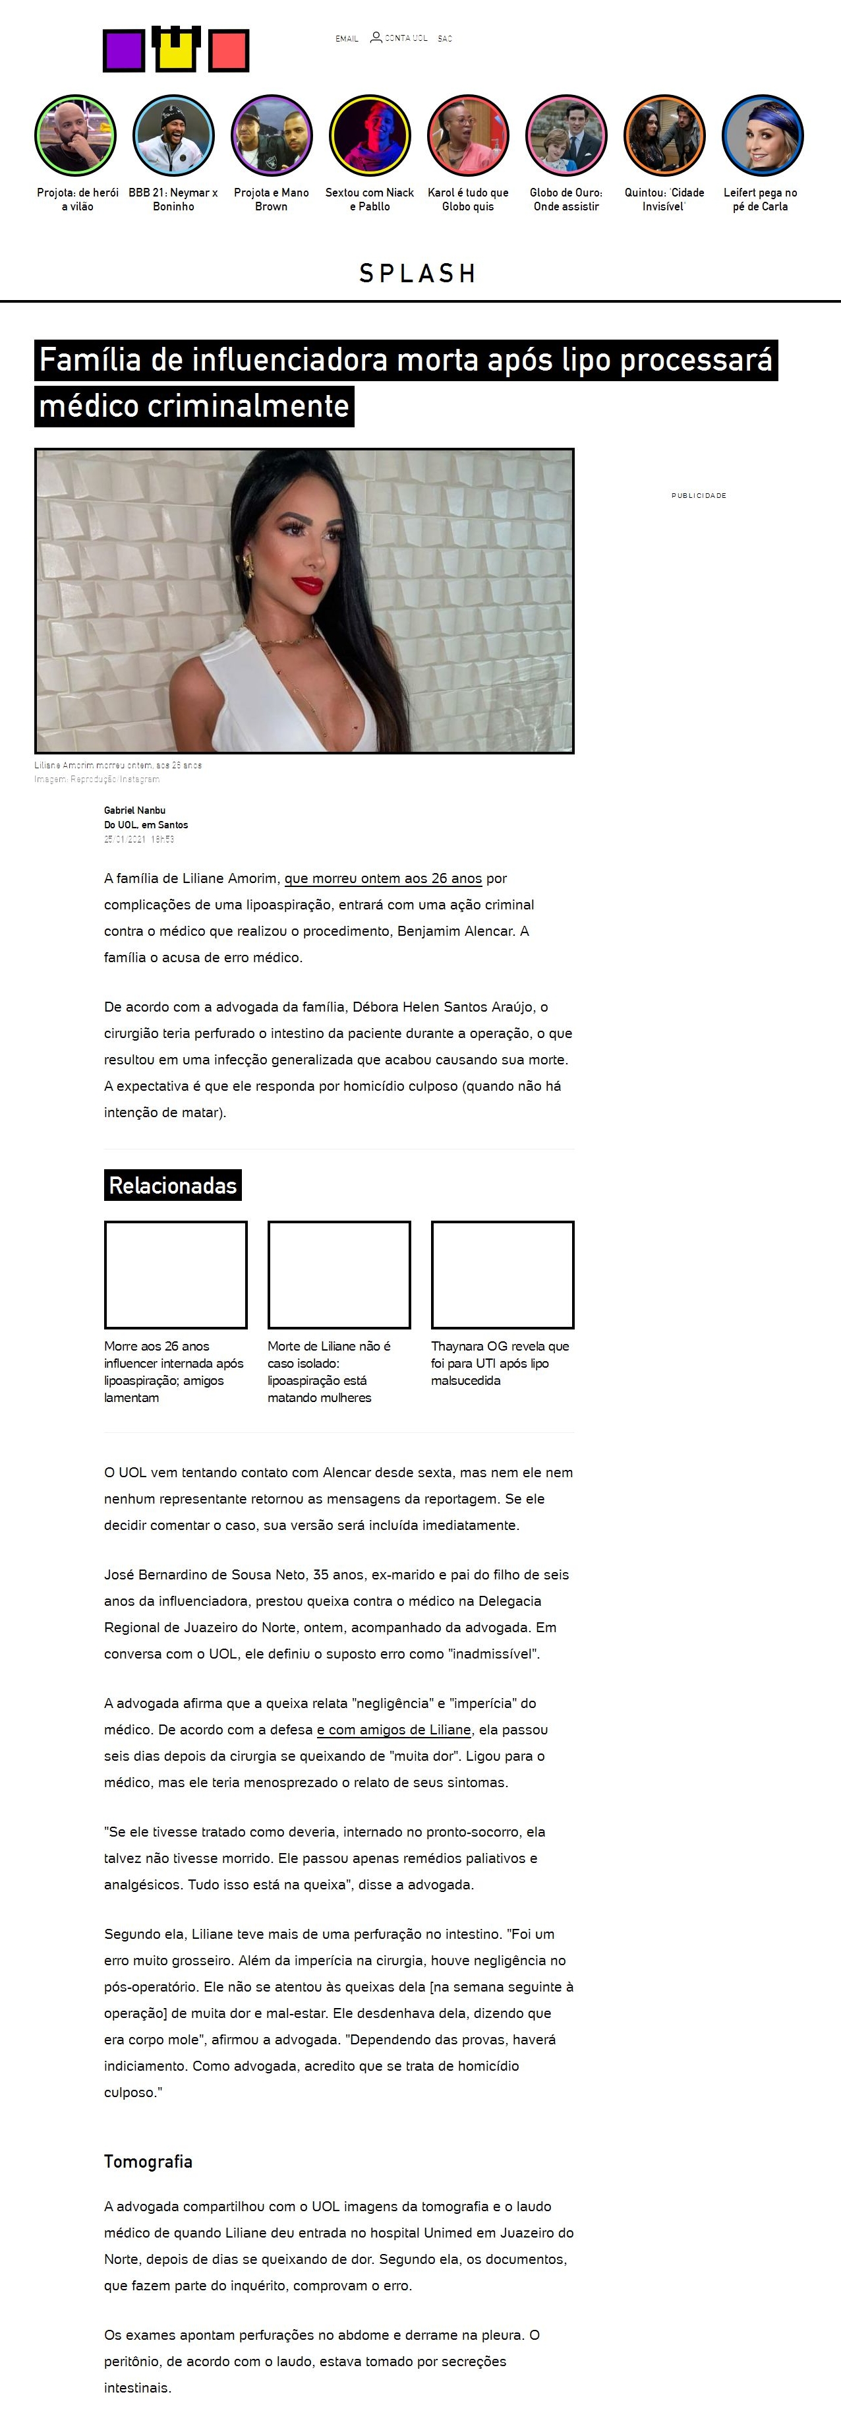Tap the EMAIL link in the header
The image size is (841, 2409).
click(x=347, y=38)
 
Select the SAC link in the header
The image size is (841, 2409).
click(x=445, y=38)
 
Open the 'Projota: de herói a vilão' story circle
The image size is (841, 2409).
click(x=76, y=136)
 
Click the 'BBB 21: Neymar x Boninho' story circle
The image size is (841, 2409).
click(x=174, y=136)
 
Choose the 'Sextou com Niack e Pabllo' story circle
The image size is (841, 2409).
click(x=370, y=136)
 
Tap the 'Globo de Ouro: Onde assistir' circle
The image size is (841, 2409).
click(x=566, y=136)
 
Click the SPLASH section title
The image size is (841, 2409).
click(x=419, y=273)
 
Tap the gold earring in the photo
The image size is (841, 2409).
click(x=248, y=564)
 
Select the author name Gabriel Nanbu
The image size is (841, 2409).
click(x=134, y=810)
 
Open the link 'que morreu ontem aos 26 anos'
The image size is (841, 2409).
click(x=383, y=878)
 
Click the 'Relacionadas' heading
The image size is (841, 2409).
click(x=173, y=1185)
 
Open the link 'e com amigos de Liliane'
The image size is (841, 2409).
click(x=394, y=1729)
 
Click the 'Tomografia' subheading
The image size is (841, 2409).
click(x=148, y=2161)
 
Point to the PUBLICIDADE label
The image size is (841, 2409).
click(x=699, y=496)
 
